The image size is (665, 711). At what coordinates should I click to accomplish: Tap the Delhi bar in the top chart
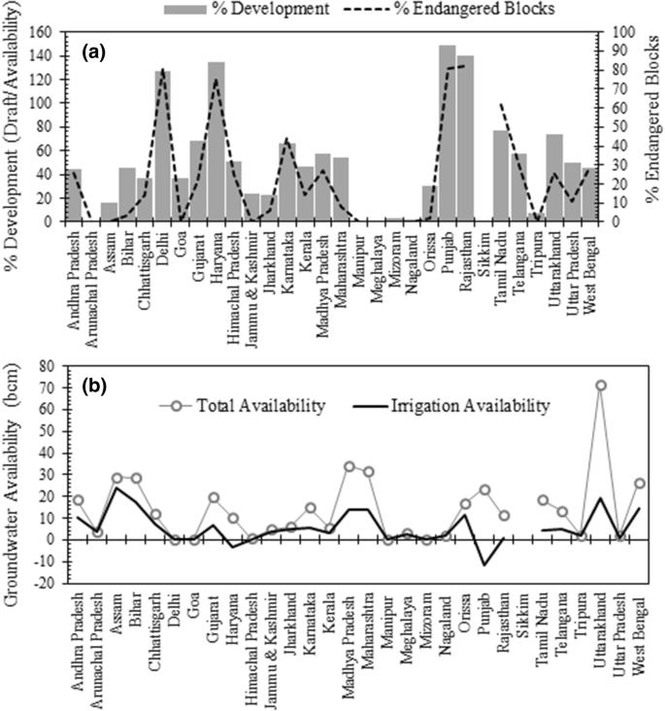pyautogui.click(x=162, y=146)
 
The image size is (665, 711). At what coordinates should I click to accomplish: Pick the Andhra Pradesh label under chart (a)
pyautogui.click(x=75, y=267)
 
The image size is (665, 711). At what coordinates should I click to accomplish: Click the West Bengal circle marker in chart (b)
pyautogui.click(x=639, y=483)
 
